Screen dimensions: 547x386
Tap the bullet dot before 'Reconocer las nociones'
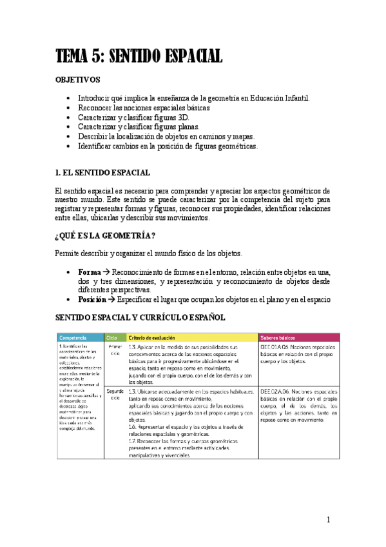69,108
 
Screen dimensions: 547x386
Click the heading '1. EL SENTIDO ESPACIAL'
103,172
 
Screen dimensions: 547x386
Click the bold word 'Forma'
89,272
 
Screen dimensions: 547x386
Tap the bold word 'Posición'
93,299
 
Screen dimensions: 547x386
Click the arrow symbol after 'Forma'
106,272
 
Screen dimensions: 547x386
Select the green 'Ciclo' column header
112,337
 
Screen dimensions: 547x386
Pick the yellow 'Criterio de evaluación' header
155,337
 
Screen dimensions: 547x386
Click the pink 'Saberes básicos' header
278,337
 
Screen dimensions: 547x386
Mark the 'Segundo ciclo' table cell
115,394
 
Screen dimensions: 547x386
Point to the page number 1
328,520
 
